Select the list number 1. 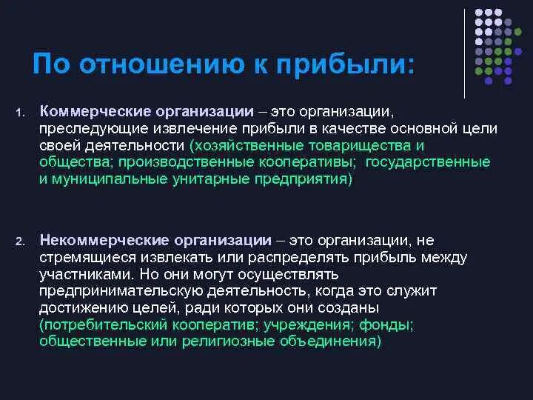(21, 113)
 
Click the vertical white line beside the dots (465, 53)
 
